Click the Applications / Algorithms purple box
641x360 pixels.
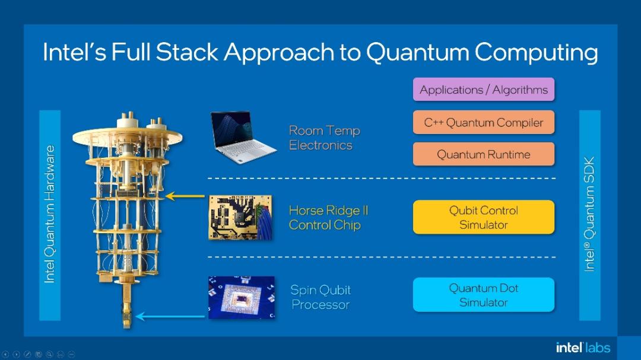click(x=483, y=90)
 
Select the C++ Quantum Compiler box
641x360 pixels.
click(x=483, y=123)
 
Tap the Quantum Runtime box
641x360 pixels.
click(x=483, y=154)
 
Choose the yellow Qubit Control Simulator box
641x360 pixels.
click(x=483, y=217)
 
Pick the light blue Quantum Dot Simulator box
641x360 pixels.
click(x=483, y=295)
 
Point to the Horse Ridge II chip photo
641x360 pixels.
click(x=240, y=217)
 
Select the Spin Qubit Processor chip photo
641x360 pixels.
click(x=241, y=297)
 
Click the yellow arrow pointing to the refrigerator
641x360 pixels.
click(x=185, y=196)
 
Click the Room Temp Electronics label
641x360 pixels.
click(x=324, y=138)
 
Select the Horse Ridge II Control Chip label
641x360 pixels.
click(x=328, y=218)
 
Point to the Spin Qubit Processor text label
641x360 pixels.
click(x=320, y=297)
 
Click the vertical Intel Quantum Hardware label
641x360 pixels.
click(x=50, y=214)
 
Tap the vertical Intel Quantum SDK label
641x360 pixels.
click(x=589, y=214)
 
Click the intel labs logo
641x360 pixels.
click(x=583, y=347)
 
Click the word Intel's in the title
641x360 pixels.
click(x=74, y=52)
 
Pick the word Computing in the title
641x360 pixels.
click(x=536, y=52)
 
